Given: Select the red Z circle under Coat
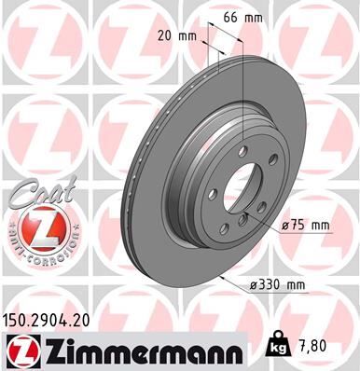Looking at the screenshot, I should point(35,227).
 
